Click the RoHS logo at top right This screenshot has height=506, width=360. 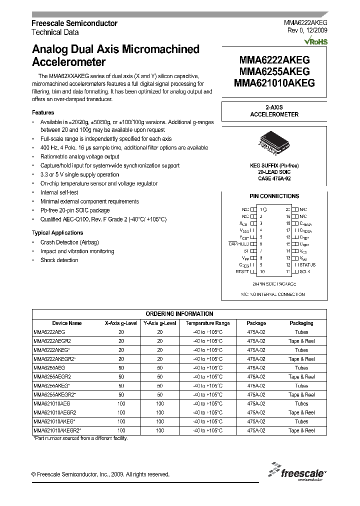315,42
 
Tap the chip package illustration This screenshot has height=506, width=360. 274,144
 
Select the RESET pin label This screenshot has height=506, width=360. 242,271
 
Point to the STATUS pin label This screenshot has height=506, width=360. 307,264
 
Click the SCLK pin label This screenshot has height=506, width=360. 304,271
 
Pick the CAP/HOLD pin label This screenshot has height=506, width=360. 238,243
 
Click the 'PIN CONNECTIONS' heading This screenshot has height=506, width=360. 274,196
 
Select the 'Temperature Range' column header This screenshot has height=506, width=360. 207,323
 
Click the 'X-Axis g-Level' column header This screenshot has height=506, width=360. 121,323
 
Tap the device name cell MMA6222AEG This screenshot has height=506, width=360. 49,332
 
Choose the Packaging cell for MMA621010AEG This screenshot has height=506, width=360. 301,403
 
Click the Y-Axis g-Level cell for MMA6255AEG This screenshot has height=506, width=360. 160,368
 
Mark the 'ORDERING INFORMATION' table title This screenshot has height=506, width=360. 179,314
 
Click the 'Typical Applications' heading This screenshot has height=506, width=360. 57,232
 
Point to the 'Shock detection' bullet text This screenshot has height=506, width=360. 59,260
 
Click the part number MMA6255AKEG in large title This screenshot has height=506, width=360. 274,71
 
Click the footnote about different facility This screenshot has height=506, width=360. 80,438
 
